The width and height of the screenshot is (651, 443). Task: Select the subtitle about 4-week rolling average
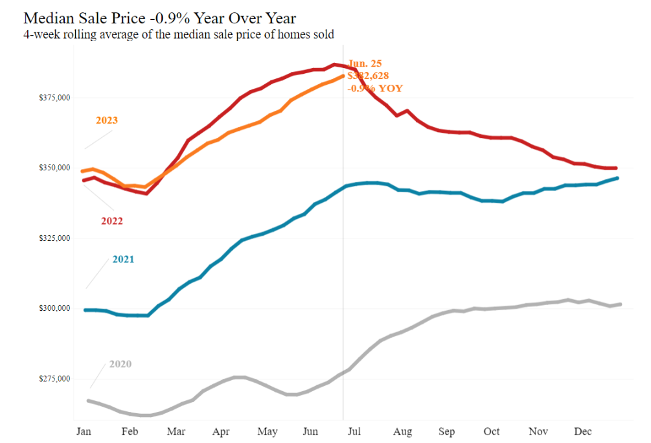point(178,34)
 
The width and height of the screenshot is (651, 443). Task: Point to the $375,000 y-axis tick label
point(54,98)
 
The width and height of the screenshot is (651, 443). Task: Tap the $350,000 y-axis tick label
point(54,168)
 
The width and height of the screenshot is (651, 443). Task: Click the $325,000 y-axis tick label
point(54,238)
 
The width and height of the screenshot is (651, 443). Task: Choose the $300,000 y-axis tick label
point(54,308)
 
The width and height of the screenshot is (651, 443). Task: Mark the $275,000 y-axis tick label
point(54,378)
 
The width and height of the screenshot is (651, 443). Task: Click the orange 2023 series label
point(106,120)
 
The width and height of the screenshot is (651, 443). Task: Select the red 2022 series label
point(111,221)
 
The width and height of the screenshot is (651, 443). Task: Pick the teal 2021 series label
point(123,260)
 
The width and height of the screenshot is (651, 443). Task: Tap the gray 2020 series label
point(120,364)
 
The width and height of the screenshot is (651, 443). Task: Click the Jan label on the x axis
point(84,431)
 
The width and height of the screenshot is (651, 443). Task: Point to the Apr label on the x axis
point(221,431)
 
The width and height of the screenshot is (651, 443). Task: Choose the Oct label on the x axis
point(492,431)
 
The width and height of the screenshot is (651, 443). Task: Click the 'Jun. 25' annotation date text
point(365,64)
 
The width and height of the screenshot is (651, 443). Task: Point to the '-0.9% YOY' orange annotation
point(374,88)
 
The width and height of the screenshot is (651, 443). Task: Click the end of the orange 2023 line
point(343,76)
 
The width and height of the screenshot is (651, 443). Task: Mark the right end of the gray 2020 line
point(620,304)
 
